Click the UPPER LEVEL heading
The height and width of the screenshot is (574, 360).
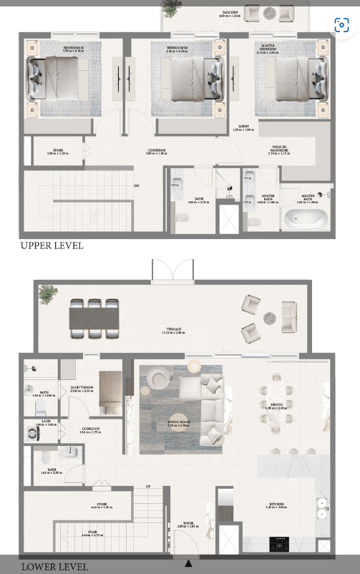[x=52, y=245]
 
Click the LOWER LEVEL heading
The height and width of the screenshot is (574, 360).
[x=54, y=566]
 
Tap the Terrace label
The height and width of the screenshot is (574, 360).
[x=175, y=331]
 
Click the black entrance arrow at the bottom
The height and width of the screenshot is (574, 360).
[x=188, y=563]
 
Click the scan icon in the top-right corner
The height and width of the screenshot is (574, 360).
[x=341, y=24]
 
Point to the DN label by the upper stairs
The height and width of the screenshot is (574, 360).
[x=136, y=185]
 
